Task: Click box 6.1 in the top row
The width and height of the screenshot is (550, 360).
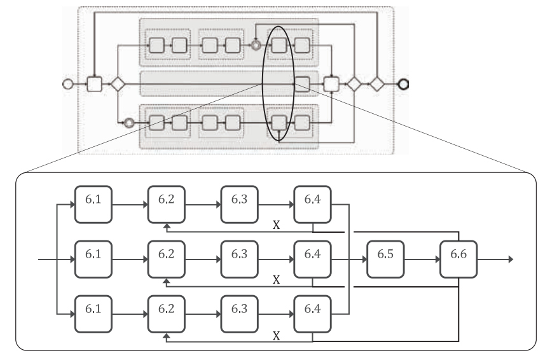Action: (93, 205)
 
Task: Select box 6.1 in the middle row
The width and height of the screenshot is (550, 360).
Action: (93, 260)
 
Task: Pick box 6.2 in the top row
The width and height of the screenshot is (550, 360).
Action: (167, 205)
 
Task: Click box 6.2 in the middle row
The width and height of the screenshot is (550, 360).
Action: (167, 260)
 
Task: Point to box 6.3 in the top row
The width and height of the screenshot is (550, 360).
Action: (240, 205)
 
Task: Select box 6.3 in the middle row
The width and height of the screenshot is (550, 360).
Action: (240, 260)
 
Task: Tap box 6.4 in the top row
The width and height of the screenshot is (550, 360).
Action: (313, 205)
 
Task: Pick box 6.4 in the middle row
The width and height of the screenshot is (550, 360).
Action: (313, 260)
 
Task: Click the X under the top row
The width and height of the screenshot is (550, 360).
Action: (276, 225)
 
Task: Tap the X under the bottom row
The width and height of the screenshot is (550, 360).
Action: (276, 334)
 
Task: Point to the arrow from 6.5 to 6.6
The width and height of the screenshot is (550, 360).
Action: (423, 260)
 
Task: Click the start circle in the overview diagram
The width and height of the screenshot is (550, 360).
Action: (67, 83)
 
